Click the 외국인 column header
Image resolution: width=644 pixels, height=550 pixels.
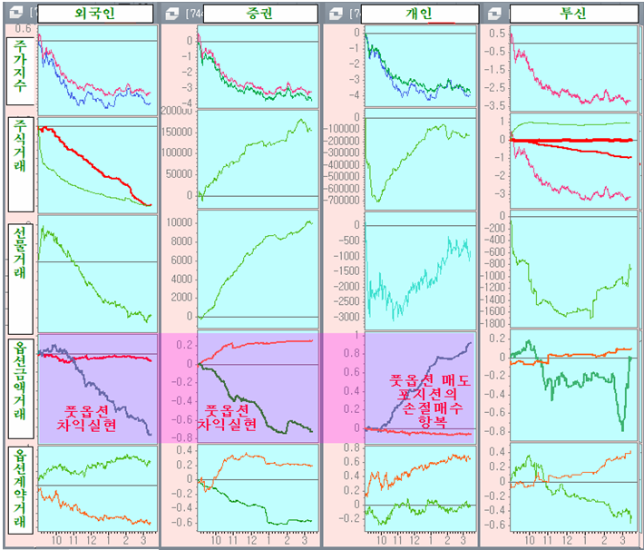tap(95, 15)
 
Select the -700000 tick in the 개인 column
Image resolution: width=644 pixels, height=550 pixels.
tap(341, 200)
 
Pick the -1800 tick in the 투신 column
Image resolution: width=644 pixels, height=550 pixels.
tap(493, 323)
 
